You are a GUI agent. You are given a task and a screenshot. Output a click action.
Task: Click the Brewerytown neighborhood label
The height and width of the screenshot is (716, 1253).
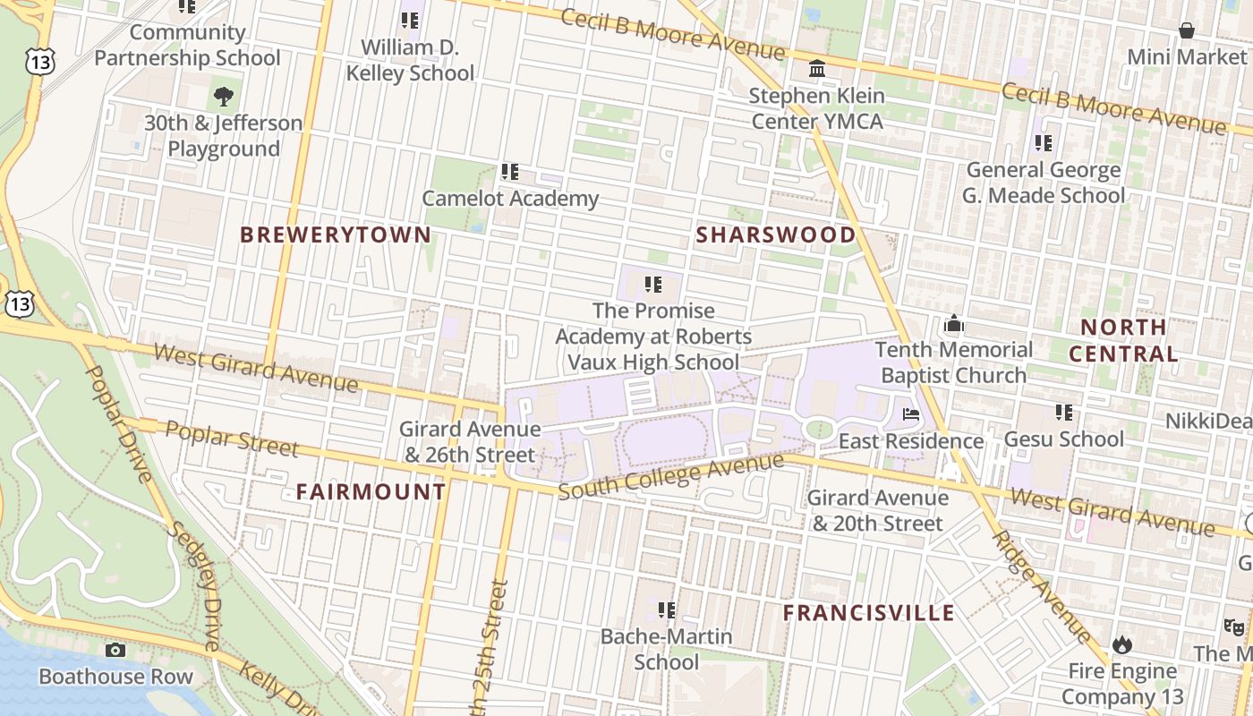point(336,235)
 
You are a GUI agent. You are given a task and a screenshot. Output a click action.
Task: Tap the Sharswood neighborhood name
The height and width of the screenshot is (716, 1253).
point(775,235)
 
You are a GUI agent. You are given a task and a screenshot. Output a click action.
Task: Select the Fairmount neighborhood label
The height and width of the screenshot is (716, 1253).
point(371,491)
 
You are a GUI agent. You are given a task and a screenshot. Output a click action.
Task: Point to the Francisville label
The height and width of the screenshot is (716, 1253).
point(868,613)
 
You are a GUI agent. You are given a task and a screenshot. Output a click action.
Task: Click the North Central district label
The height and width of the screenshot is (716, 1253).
point(1123,340)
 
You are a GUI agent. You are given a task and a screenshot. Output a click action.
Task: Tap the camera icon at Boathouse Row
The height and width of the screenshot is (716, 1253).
point(115,651)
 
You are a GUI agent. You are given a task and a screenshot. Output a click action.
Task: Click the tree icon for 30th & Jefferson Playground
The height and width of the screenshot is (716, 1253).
point(224,96)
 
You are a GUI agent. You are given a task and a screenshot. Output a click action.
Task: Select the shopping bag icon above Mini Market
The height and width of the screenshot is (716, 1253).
point(1186,31)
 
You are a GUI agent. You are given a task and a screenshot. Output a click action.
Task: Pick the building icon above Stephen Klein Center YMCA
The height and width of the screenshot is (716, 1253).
point(817,69)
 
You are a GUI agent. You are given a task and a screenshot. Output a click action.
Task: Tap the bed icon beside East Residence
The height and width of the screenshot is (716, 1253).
point(910,414)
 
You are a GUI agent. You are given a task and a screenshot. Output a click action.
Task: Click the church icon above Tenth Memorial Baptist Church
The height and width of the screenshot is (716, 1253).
point(954,323)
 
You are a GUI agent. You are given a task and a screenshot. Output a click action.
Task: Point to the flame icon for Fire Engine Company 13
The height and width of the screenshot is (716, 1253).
point(1121,644)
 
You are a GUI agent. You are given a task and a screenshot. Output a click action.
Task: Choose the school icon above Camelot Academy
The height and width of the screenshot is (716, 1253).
point(510,171)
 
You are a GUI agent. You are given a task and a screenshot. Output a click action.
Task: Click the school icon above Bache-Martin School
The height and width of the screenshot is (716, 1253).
point(666,610)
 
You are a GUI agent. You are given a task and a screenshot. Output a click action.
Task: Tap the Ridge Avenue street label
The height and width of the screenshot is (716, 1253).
point(1042,586)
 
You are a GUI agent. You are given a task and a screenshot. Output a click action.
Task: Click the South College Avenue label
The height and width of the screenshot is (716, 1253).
point(670,476)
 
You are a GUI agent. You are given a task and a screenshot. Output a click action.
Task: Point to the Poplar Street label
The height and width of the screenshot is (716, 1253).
point(232,439)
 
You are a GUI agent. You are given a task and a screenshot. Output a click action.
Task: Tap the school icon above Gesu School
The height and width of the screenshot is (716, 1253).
point(1063,413)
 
